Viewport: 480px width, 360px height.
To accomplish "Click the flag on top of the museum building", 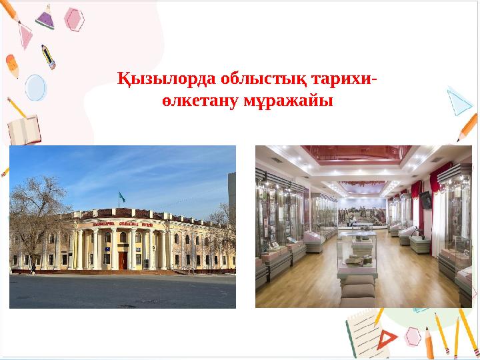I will pyautogui.click(x=122, y=197).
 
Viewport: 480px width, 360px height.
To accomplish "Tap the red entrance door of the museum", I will pyautogui.click(x=122, y=259).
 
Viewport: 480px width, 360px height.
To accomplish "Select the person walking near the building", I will pyautogui.click(x=33, y=268).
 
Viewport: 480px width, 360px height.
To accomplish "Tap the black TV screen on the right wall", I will pyautogui.click(x=425, y=199).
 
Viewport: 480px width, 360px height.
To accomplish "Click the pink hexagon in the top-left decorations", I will pyautogui.click(x=74, y=19).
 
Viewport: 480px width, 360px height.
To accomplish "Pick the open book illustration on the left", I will pyautogui.click(x=23, y=129).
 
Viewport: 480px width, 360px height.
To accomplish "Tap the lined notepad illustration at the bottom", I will pyautogui.click(x=360, y=333).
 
